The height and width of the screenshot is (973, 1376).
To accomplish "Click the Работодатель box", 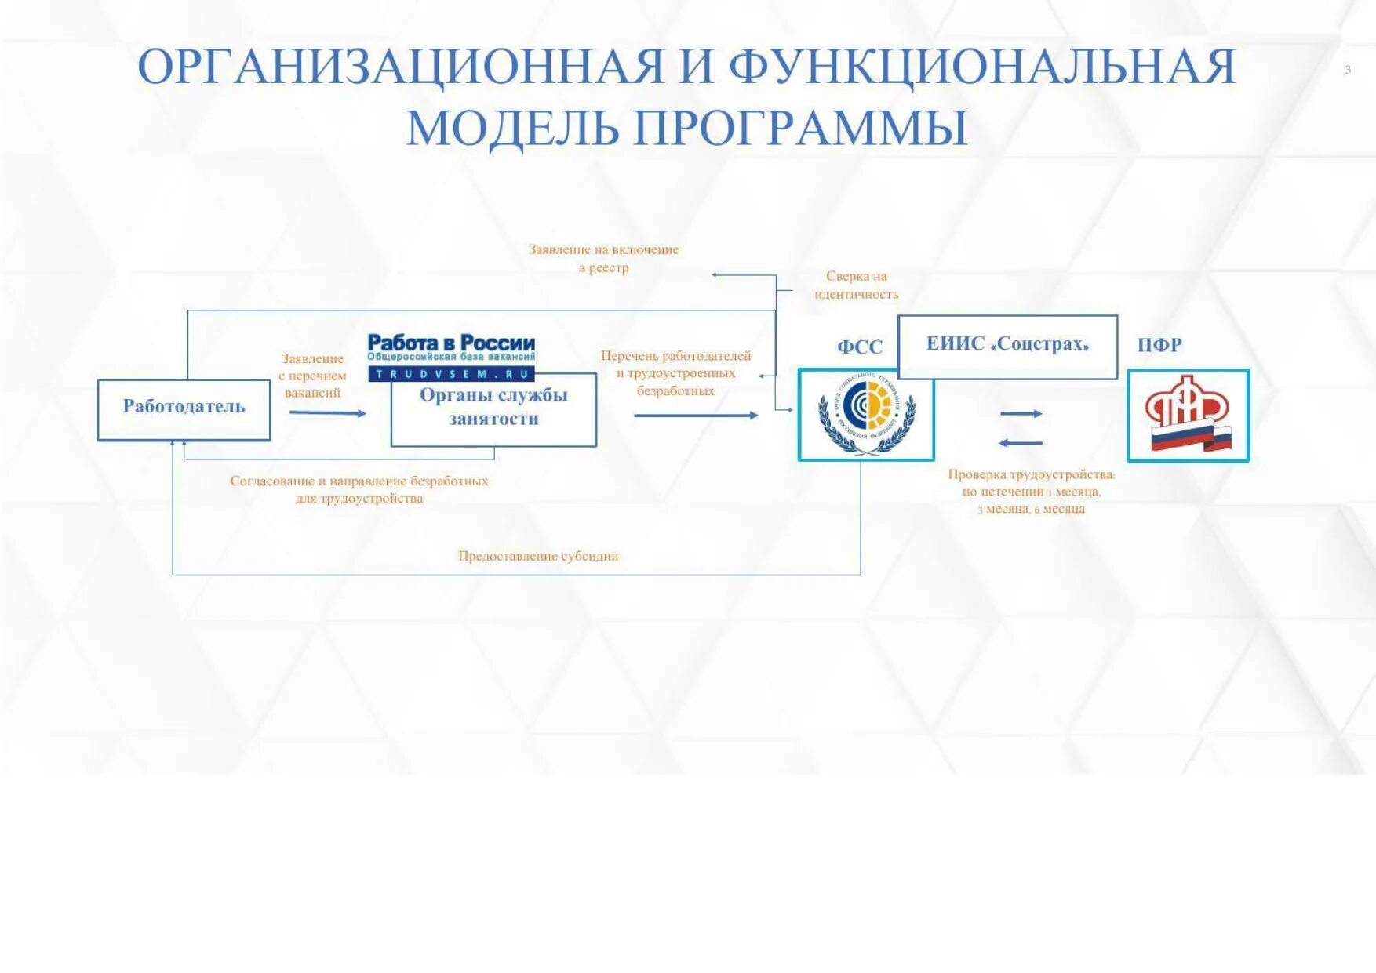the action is tap(184, 409).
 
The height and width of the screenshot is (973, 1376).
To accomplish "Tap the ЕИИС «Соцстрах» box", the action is tap(1007, 346).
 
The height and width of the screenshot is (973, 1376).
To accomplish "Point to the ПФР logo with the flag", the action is tap(1188, 416).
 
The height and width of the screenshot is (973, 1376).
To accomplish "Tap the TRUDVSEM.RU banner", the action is tap(451, 374).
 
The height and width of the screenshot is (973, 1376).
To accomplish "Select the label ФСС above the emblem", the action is tap(860, 347).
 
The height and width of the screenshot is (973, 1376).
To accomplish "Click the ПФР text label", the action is tap(1159, 345).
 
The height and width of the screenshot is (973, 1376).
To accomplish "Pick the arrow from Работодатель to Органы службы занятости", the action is tap(327, 412).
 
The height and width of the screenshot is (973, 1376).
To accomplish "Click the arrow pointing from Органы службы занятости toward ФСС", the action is tap(696, 415).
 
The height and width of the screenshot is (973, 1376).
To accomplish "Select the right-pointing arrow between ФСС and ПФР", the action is tap(1021, 413).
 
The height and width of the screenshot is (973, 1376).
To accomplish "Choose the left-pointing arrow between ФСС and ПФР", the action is tap(1021, 443).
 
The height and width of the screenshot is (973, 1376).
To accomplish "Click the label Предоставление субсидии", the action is tap(538, 556).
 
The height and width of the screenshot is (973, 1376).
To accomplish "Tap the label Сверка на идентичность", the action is tap(856, 285).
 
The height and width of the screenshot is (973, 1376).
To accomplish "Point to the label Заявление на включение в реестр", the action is tap(603, 258).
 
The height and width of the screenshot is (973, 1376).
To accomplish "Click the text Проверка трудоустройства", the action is tap(1031, 474).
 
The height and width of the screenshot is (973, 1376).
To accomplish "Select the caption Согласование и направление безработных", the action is tap(359, 481).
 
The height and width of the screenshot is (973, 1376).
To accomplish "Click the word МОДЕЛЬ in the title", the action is tap(512, 127).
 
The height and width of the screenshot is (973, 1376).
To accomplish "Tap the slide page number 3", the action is tap(1348, 70).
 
